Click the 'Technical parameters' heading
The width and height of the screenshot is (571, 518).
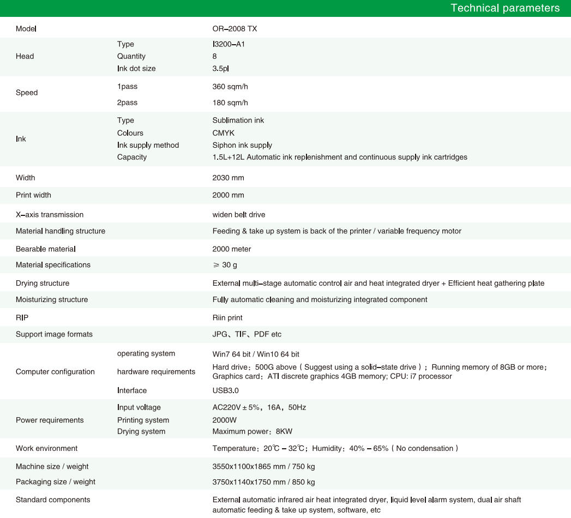point(504,8)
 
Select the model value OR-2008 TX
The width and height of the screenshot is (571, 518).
point(235,28)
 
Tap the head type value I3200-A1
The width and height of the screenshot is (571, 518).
point(229,44)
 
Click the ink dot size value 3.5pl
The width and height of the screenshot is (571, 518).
point(221,69)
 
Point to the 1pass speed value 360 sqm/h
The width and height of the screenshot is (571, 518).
point(230,87)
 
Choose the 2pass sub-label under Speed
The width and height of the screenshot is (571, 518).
point(127,103)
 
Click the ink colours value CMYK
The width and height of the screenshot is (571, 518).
point(224,133)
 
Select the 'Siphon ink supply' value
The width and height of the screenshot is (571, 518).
point(242,145)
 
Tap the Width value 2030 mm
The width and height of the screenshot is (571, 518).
point(228,178)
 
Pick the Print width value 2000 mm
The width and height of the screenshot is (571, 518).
point(228,195)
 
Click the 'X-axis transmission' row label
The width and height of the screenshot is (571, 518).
point(50,215)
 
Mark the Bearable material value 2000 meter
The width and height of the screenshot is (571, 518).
point(231,249)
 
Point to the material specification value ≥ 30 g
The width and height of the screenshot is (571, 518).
point(225,265)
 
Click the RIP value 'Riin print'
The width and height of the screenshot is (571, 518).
point(227,318)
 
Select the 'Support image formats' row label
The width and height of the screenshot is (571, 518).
point(54,334)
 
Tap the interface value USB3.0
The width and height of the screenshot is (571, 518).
point(225,390)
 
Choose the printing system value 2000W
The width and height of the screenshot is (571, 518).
point(224,420)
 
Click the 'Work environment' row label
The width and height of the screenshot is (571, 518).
point(46,448)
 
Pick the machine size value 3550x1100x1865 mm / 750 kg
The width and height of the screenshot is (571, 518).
point(263,467)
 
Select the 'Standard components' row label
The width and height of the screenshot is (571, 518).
point(53,499)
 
